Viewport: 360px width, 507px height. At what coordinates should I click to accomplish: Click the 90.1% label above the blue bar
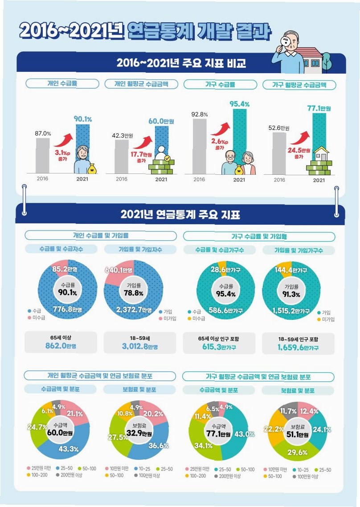click(x=83, y=119)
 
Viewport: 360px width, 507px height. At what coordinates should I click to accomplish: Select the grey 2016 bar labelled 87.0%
click(x=43, y=156)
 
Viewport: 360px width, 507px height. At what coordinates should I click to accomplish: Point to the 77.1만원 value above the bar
click(x=319, y=108)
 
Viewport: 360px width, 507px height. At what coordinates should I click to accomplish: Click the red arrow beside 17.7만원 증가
click(x=143, y=142)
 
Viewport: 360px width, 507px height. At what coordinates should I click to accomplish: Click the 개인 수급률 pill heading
click(x=62, y=83)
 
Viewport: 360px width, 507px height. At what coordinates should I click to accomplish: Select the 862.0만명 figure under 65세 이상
click(x=61, y=346)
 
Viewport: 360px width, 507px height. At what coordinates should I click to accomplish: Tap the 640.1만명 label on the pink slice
click(x=119, y=270)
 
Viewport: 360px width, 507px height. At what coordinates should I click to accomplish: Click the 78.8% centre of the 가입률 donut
click(x=134, y=293)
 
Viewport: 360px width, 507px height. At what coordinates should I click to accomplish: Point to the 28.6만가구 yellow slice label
click(x=225, y=269)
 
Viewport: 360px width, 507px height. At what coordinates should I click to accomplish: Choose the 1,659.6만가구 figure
click(x=298, y=348)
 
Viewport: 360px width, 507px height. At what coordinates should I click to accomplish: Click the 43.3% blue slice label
click(x=69, y=449)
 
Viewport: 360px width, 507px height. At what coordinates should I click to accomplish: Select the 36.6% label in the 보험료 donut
click(x=158, y=445)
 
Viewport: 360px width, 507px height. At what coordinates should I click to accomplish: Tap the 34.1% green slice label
click(x=203, y=445)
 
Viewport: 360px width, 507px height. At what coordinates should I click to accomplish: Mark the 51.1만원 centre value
click(x=298, y=434)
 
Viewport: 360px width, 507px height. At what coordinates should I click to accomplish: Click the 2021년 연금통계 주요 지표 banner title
click(x=180, y=214)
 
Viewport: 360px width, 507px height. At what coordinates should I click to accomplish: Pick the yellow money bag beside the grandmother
click(x=92, y=169)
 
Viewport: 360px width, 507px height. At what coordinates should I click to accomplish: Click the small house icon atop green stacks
click(x=321, y=153)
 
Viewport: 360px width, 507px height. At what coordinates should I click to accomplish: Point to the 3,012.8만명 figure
click(x=140, y=346)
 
